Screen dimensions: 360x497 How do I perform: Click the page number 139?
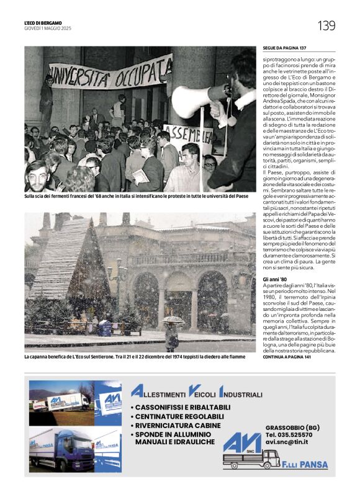(326, 25)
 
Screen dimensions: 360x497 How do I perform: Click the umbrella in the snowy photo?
(173, 320)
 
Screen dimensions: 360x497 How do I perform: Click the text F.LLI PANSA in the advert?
(305, 465)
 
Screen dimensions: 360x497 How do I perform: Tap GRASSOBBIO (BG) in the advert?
(292, 428)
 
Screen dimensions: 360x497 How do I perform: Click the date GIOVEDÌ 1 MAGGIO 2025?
(48, 29)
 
